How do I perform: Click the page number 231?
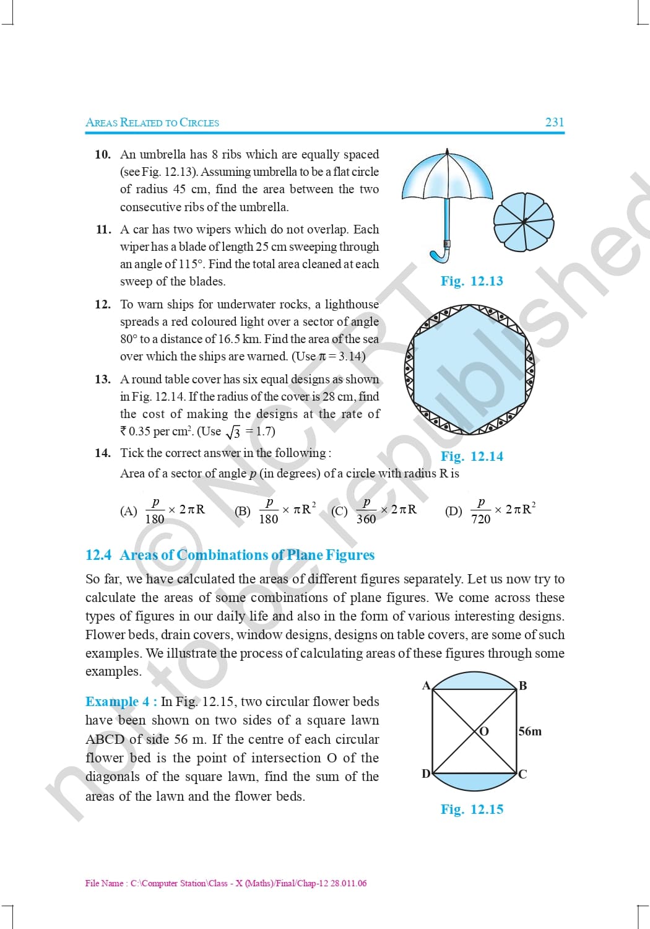pyautogui.click(x=555, y=122)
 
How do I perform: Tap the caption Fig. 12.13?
pyautogui.click(x=472, y=281)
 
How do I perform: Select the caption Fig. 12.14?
pyautogui.click(x=472, y=456)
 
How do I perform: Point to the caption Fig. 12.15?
pyautogui.click(x=472, y=809)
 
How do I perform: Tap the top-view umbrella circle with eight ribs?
pyautogui.click(x=524, y=222)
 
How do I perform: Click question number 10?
pyautogui.click(x=102, y=154)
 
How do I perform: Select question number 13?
pyautogui.click(x=102, y=379)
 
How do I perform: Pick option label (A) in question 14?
pyautogui.click(x=129, y=510)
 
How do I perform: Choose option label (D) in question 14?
pyautogui.click(x=454, y=510)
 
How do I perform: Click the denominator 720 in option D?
pyautogui.click(x=481, y=519)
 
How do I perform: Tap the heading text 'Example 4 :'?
pyautogui.click(x=121, y=702)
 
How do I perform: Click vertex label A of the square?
pyautogui.click(x=426, y=685)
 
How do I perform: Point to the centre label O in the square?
pyautogui.click(x=483, y=731)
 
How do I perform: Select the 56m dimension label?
pyautogui.click(x=530, y=731)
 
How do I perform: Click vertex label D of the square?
pyautogui.click(x=426, y=774)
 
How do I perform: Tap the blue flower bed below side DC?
pyautogui.click(x=475, y=782)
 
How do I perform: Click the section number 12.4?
pyautogui.click(x=98, y=555)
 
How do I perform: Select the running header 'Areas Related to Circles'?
pyautogui.click(x=152, y=123)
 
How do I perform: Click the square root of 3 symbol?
pyautogui.click(x=233, y=432)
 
